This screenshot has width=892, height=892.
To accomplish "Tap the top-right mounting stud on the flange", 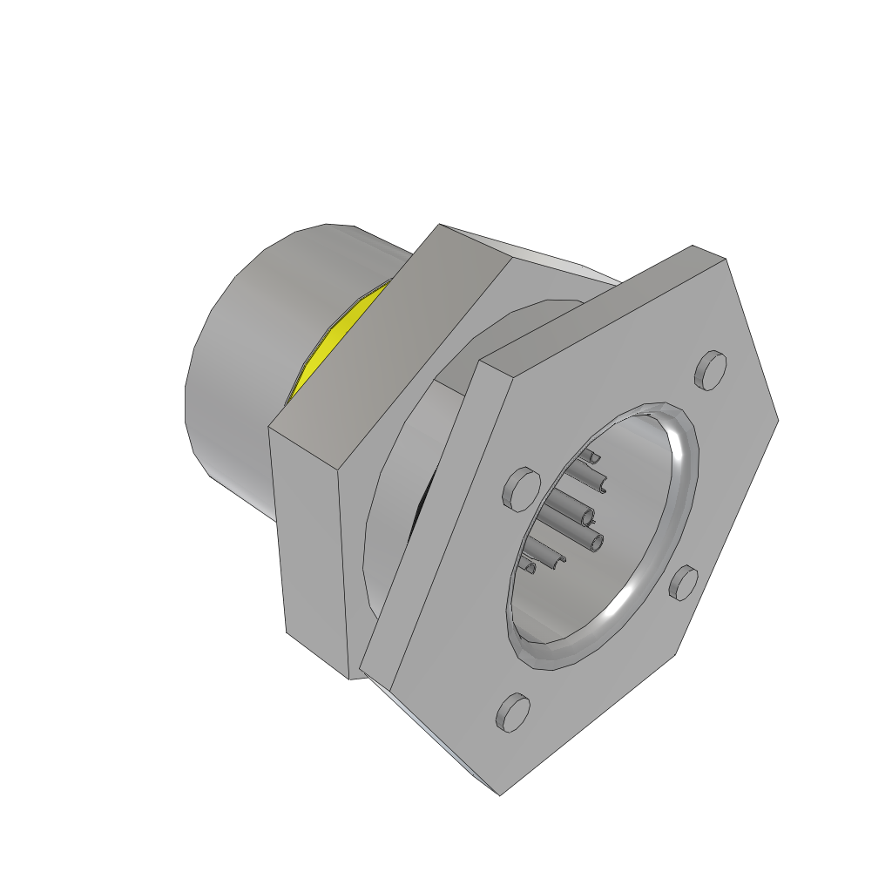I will coord(710,369).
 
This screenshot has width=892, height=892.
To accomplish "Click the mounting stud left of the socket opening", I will coord(519,488).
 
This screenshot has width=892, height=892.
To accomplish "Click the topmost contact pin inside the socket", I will coord(592,456).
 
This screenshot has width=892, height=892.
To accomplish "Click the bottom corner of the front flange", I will coord(500,794).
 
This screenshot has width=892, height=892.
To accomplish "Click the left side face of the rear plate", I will coord(314,557).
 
